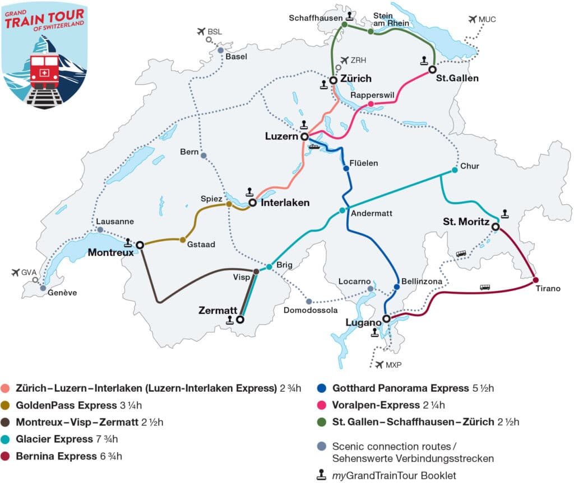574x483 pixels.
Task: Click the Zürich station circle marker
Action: pos(333,80)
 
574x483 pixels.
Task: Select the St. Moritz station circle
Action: pos(496,227)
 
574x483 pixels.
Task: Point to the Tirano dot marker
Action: pos(536,280)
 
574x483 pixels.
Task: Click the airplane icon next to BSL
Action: pos(201,31)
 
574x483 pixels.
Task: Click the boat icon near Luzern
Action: pos(314,147)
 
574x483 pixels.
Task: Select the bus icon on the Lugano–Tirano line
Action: pos(485,287)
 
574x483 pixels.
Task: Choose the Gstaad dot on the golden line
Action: pos(183,240)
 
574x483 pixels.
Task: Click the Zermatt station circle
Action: pos(240,320)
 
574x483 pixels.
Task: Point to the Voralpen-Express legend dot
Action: pos(322,405)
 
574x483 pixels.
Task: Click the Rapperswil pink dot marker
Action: pos(371,104)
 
